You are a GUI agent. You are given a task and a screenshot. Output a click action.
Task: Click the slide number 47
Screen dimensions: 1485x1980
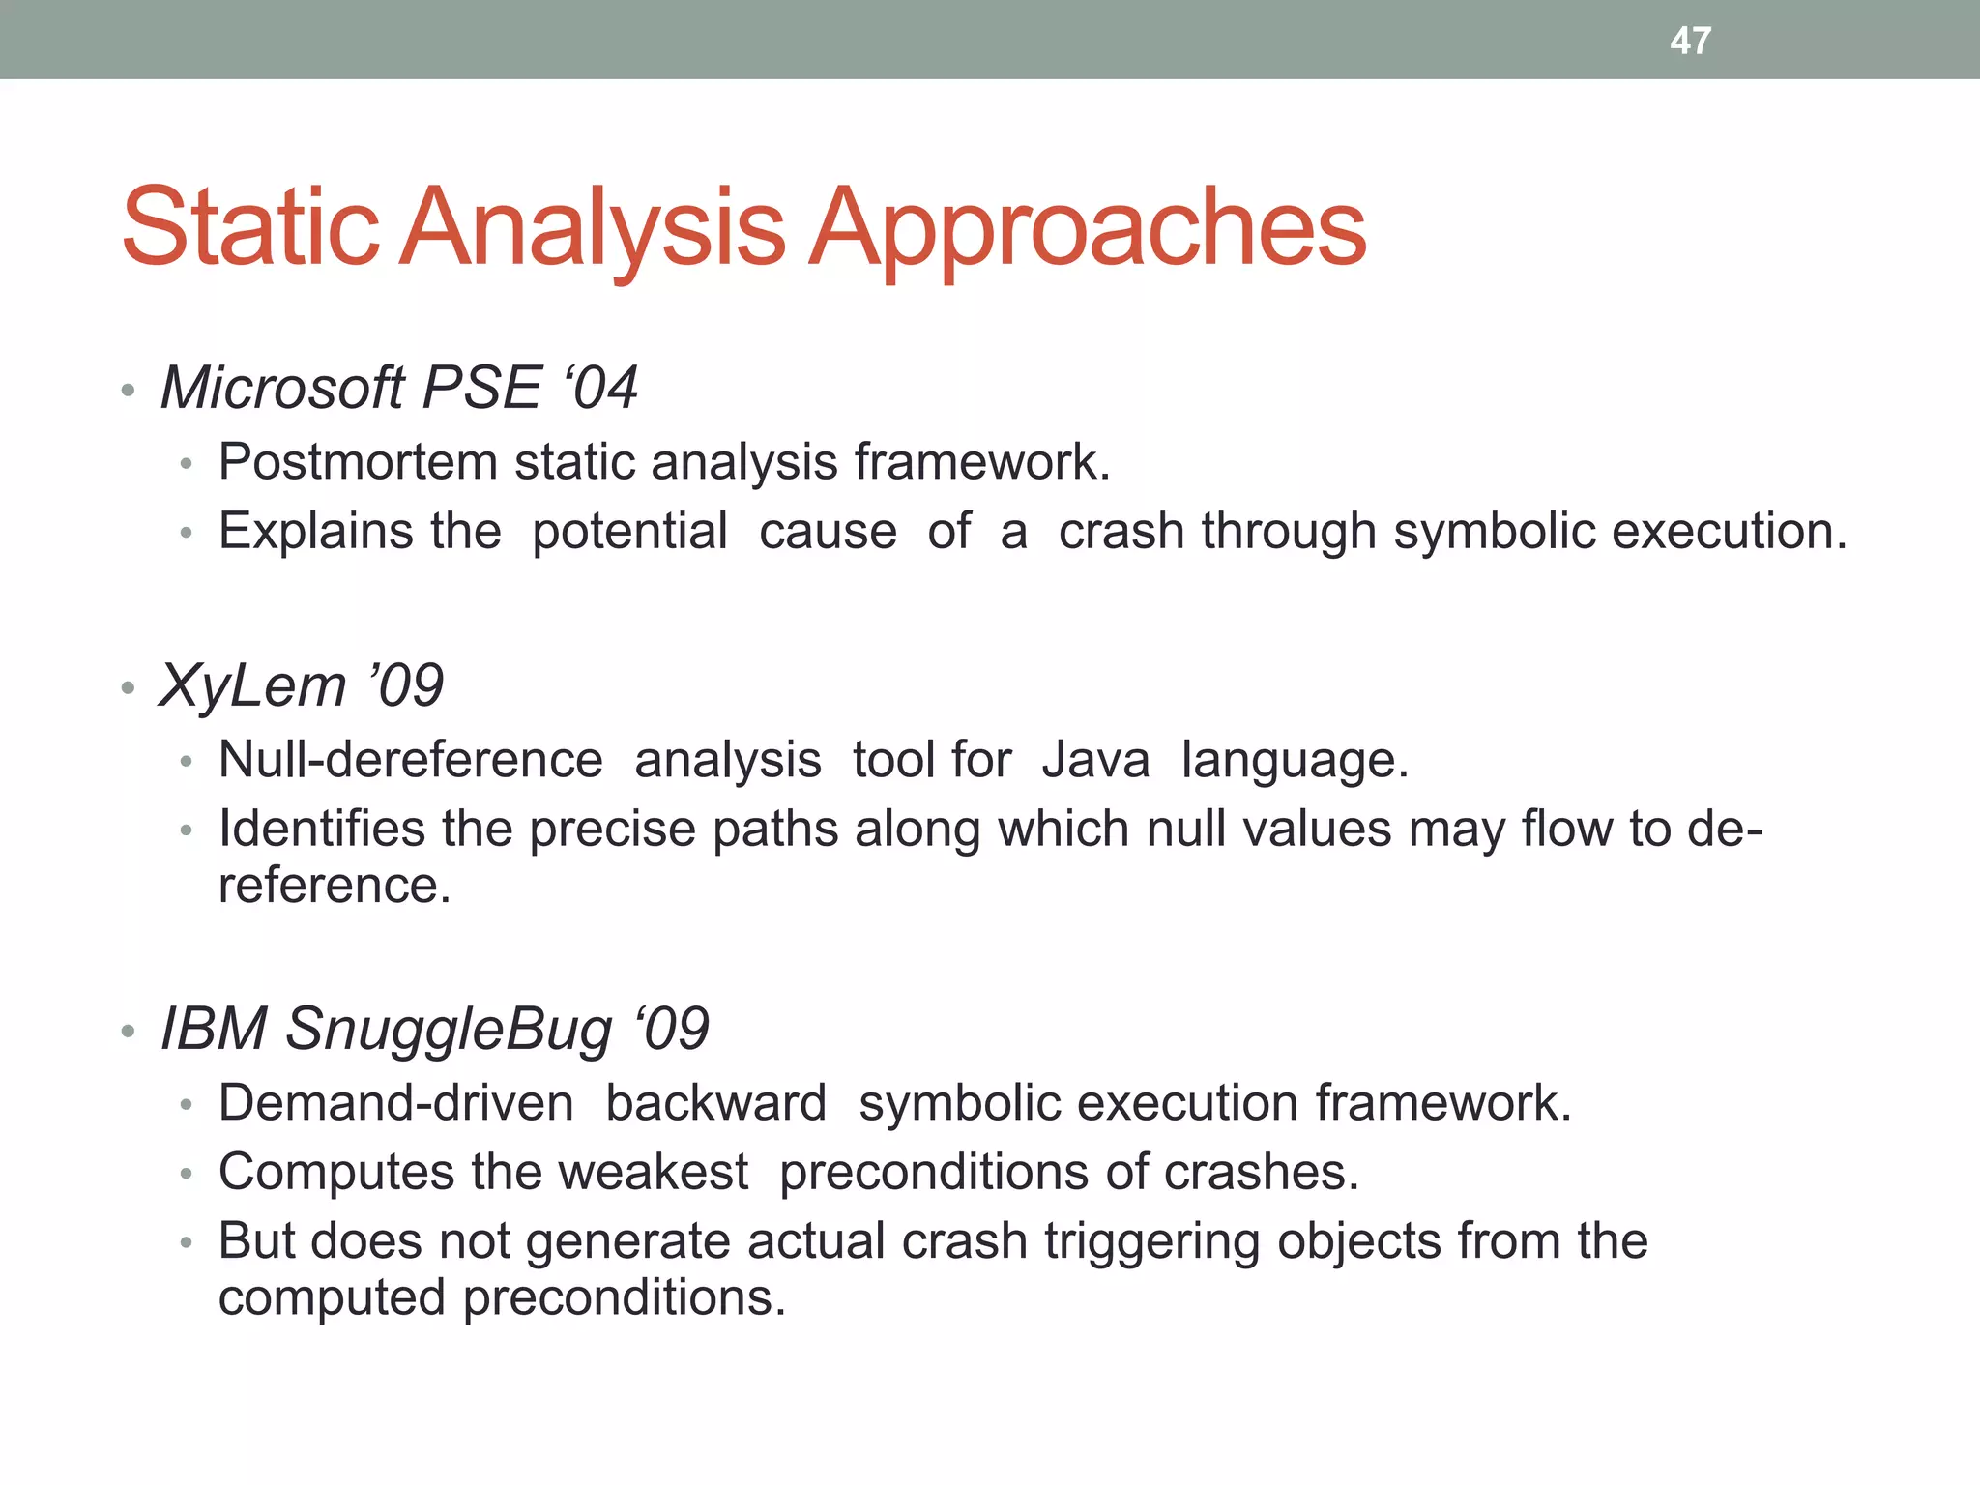(x=1690, y=41)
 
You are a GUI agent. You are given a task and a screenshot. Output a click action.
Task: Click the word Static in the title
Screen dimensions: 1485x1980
(x=249, y=228)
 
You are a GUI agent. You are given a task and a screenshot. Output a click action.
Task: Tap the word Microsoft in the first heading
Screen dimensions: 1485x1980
(x=281, y=389)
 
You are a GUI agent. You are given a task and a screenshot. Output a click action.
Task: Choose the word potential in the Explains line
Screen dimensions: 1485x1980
(x=629, y=532)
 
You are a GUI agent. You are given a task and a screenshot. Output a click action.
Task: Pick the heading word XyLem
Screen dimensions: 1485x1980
(x=252, y=686)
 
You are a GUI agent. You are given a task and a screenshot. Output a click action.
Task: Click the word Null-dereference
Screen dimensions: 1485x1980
(x=410, y=760)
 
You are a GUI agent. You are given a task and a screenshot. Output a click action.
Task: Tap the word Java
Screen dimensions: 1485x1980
(x=1095, y=760)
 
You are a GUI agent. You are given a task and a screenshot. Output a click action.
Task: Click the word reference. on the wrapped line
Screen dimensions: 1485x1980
(x=335, y=886)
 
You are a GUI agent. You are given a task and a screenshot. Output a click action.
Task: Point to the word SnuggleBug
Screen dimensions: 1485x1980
(x=449, y=1029)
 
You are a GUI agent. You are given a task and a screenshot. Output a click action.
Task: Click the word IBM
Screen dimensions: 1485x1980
(x=213, y=1029)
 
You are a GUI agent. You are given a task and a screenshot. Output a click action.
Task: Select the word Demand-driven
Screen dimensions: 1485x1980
(x=395, y=1103)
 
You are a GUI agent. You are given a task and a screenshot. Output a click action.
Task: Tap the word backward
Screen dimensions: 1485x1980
(x=715, y=1103)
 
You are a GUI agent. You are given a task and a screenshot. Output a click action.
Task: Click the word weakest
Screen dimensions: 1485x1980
(x=653, y=1173)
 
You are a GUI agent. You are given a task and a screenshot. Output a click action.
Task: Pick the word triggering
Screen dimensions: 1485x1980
(x=1151, y=1242)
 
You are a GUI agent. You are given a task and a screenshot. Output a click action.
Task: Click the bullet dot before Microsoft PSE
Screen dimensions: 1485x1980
(x=128, y=392)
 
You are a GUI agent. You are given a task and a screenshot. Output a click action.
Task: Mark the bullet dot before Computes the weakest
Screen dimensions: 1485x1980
(x=187, y=1176)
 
